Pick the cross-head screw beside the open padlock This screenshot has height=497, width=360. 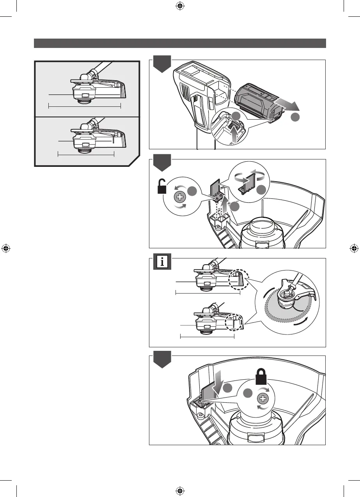pos(180,197)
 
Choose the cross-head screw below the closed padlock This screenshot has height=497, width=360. pos(263,399)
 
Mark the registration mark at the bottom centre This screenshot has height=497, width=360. pos(180,490)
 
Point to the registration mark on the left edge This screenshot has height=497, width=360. pos(6,248)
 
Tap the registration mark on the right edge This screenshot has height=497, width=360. pos(354,248)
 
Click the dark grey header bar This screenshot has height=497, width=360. pos(180,43)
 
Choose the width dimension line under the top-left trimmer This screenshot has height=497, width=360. pos(85,105)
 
